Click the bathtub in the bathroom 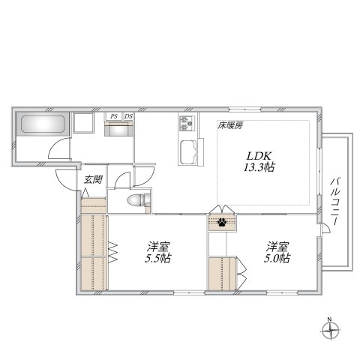(43, 124)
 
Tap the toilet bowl (136, 200)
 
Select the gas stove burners (187, 123)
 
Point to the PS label (114, 116)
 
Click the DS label (128, 116)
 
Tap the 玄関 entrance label (93, 179)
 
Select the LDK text (259, 156)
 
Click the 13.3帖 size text (259, 167)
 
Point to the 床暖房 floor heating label (230, 125)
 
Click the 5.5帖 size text (158, 258)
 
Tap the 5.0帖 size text (277, 258)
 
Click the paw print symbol (222, 222)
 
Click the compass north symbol (330, 330)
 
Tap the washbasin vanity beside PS (118, 129)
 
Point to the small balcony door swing (326, 228)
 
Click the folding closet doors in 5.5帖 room (112, 252)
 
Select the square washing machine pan (83, 122)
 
